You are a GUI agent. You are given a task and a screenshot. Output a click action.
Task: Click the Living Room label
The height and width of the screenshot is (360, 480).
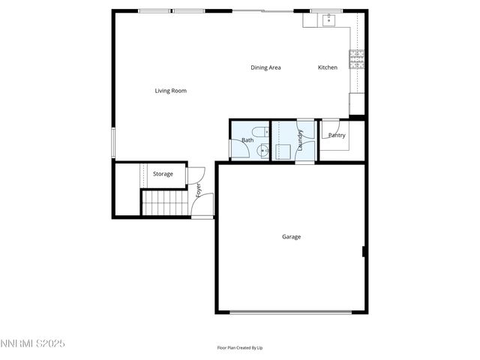[x=170, y=91]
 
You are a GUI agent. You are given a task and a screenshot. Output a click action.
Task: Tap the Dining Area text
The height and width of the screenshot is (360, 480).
[x=265, y=67]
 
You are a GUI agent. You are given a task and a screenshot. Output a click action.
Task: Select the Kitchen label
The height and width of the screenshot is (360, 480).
[x=328, y=67]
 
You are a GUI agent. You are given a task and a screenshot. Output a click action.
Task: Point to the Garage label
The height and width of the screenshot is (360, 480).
[x=291, y=237]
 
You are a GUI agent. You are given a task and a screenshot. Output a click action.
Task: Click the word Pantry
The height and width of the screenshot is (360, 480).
[x=337, y=136]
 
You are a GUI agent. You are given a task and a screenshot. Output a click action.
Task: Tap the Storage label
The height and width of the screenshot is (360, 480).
[x=163, y=174]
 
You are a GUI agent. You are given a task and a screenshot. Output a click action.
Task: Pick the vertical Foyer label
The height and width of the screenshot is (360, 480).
[x=199, y=190]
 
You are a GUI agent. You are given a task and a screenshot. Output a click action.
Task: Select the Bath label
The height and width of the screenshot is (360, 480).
[x=247, y=140]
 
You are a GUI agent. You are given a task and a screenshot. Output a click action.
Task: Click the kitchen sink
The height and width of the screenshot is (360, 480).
[x=328, y=20]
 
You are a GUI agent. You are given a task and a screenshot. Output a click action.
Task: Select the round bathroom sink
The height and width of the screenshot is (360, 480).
[x=262, y=151]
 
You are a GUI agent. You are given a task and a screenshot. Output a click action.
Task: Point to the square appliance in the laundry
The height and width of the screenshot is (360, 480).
[x=283, y=151]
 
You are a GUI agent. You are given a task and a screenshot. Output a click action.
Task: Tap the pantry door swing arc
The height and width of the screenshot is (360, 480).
[x=330, y=128]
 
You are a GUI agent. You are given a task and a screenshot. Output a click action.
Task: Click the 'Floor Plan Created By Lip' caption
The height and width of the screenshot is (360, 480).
[x=240, y=348]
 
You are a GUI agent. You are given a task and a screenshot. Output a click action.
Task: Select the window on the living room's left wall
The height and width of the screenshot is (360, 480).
[x=113, y=142]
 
